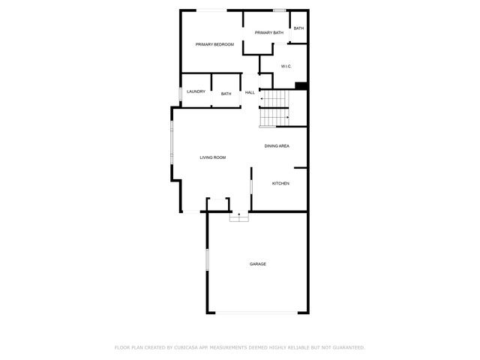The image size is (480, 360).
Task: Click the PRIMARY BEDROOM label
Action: click(x=214, y=44)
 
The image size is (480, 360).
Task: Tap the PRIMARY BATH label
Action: click(x=269, y=33)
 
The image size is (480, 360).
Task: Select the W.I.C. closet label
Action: click(x=286, y=67)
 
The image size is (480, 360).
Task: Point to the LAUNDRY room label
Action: click(x=196, y=91)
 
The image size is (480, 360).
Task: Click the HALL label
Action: click(x=250, y=92)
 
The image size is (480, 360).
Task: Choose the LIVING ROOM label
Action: click(x=213, y=157)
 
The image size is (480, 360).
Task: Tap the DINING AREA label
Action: click(x=277, y=146)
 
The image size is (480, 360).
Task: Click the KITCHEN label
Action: click(x=280, y=183)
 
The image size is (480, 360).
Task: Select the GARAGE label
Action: click(x=258, y=264)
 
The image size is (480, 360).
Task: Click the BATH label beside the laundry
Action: click(x=226, y=94)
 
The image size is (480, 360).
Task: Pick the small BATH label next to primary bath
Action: click(x=298, y=28)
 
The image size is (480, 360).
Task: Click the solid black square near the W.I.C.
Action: click(x=301, y=86)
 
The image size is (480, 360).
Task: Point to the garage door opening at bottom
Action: click(x=256, y=313)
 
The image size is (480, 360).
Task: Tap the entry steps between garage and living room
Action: click(x=239, y=217)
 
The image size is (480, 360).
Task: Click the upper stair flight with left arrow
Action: click(x=274, y=98)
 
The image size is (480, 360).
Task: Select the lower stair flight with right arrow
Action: click(x=274, y=117)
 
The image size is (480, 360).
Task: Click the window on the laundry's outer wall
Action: click(x=180, y=94)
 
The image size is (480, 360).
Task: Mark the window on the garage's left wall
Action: click(x=207, y=259)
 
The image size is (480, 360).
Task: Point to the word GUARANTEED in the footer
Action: click(x=349, y=347)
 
